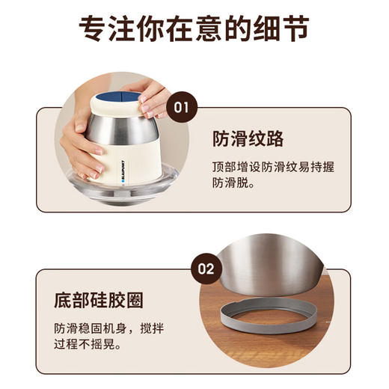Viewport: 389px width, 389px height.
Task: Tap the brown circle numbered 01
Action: point(180,107)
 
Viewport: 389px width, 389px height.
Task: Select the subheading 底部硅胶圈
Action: point(99,300)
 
